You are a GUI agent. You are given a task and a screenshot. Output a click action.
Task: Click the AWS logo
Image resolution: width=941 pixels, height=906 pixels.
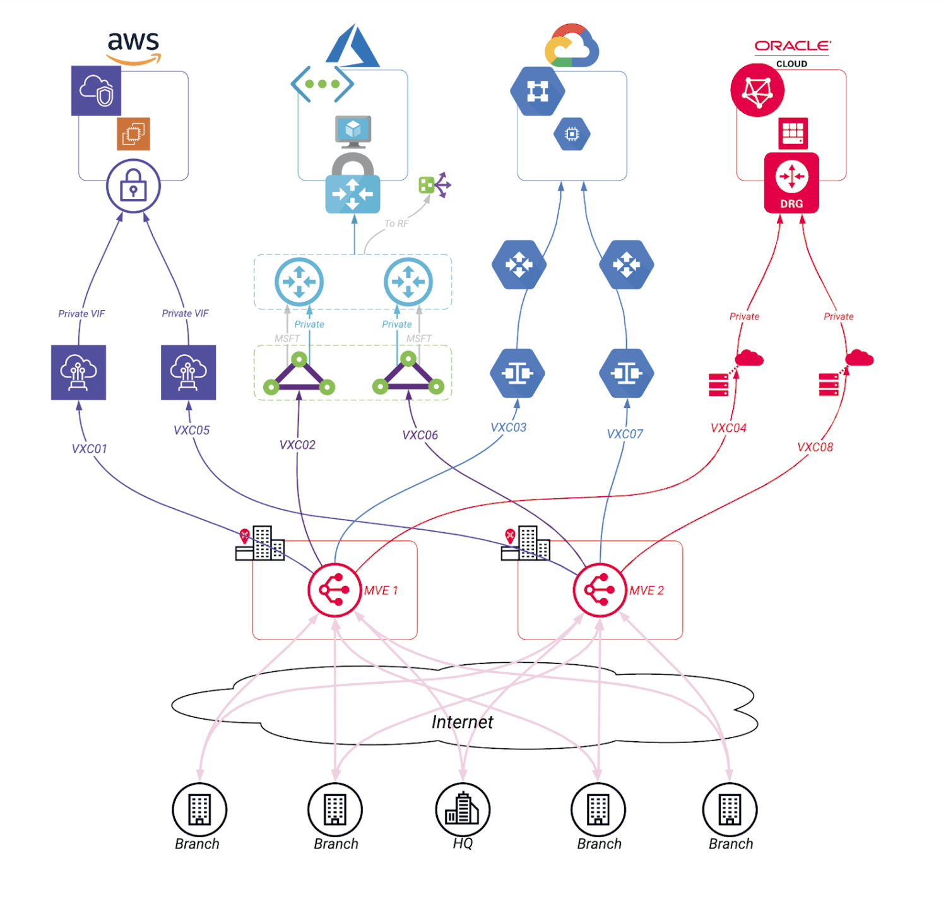(133, 47)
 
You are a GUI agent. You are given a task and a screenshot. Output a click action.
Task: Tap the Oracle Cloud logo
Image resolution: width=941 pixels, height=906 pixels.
(792, 52)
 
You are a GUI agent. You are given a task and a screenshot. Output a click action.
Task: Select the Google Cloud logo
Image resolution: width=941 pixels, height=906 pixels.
(571, 46)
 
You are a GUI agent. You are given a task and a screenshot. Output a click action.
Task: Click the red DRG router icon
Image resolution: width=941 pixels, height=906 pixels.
(791, 182)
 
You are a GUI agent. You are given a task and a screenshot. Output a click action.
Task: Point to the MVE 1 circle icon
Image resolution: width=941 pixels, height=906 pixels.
(334, 590)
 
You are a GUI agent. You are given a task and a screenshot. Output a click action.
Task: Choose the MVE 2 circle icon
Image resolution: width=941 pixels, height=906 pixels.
(599, 590)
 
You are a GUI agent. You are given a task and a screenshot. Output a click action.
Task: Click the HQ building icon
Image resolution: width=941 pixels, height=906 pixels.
(463, 809)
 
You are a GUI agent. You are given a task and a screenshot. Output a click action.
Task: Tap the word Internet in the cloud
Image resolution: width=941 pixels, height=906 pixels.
(462, 722)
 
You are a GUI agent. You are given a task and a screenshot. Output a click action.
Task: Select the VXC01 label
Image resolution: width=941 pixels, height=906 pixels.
(89, 449)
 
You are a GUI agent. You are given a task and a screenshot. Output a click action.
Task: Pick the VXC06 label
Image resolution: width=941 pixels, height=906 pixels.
(420, 435)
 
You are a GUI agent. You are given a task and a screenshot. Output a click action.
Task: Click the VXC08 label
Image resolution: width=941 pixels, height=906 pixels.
(815, 447)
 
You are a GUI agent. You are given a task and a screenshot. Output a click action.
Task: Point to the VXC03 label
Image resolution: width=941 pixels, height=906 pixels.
(508, 427)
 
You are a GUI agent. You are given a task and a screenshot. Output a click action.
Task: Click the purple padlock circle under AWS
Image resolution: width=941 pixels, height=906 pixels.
(133, 186)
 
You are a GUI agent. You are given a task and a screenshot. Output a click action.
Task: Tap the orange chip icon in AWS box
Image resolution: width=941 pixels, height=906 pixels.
(133, 134)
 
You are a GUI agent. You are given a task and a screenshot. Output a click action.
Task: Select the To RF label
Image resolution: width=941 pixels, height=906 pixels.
(396, 224)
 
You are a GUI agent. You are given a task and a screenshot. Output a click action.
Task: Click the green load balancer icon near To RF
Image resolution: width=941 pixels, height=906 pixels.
(434, 185)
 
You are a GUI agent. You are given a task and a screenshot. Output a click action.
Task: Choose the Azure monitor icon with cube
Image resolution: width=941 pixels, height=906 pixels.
(353, 131)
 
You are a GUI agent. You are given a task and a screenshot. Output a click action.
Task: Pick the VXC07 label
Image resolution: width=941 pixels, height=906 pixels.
(625, 434)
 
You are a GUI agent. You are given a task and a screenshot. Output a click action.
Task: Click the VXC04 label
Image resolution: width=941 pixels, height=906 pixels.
(728, 428)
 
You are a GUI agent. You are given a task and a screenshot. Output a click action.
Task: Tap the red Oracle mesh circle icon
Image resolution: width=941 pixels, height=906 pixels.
(757, 90)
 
